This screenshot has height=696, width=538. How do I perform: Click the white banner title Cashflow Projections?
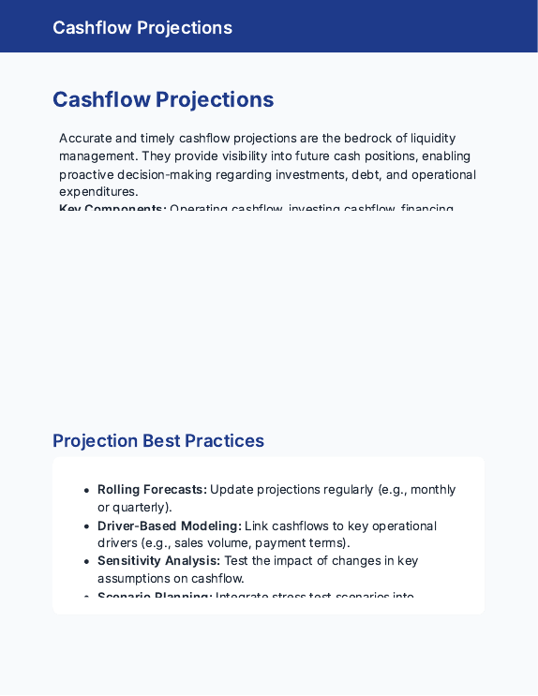(142, 27)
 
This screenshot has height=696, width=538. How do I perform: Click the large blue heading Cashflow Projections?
(163, 100)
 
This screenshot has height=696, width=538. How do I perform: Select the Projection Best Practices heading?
(158, 440)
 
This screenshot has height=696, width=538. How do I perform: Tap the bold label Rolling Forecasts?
(152, 489)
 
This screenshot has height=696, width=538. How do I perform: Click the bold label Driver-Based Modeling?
(170, 526)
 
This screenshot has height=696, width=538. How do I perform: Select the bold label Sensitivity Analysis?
(159, 560)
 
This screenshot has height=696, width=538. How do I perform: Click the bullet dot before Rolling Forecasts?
(86, 490)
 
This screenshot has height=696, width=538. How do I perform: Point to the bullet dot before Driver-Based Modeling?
(86, 526)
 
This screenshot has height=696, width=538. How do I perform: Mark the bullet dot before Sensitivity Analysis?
(86, 561)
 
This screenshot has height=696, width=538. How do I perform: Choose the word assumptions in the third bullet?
(135, 578)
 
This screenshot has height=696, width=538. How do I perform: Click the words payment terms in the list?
(301, 543)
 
